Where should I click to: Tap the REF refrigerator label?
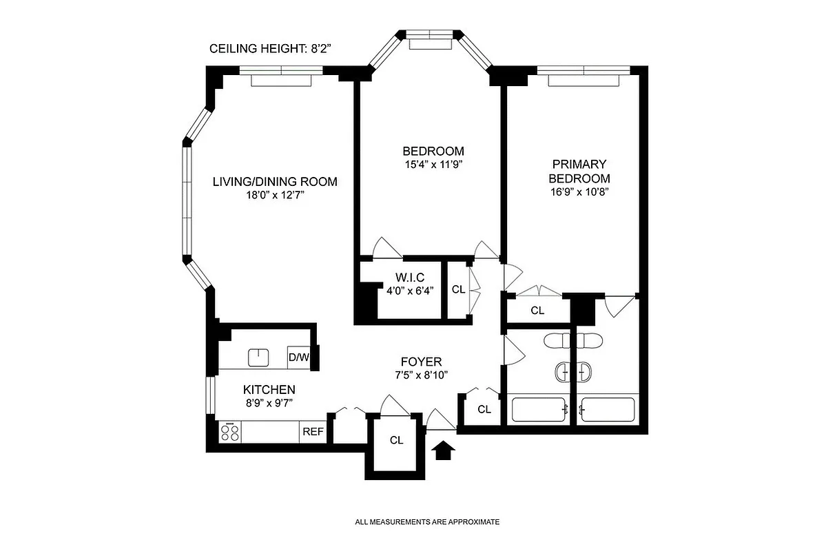point(312,432)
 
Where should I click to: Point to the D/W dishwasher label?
point(298,357)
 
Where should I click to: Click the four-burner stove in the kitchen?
point(229,433)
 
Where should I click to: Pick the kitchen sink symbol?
point(258,357)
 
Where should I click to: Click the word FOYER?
point(421,362)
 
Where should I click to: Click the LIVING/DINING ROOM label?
point(275,182)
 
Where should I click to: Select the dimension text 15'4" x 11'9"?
point(433,165)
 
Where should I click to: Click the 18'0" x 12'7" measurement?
point(275,195)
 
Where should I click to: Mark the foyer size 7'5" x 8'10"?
point(421,375)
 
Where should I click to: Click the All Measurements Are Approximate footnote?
point(427,522)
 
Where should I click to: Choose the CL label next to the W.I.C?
point(458,289)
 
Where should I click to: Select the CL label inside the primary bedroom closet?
point(537,311)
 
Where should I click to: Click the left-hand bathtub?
point(539,410)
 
